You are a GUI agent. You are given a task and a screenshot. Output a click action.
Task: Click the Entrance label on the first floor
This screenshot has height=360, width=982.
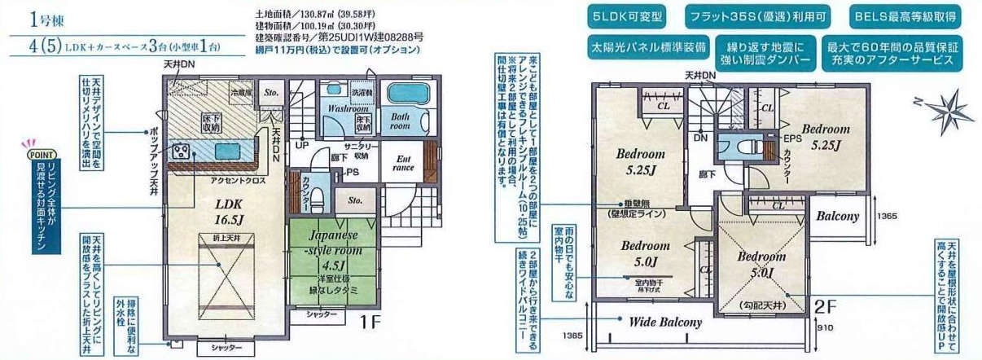coord(403,163)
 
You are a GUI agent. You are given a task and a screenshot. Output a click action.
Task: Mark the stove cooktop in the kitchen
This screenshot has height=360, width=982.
coord(180,151)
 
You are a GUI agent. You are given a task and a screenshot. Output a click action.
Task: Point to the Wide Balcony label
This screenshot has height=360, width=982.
coord(664,322)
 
